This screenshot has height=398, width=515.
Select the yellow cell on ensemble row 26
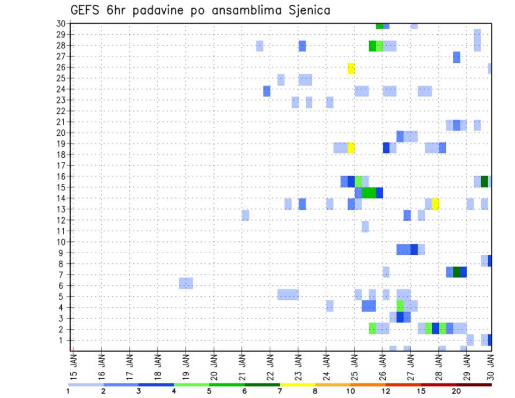351,68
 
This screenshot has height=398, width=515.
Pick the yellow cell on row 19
351,148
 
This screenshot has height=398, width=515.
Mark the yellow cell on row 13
436,204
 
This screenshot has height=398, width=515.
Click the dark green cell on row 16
484,181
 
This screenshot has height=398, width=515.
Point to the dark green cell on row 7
457,272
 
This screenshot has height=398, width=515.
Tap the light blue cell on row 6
186,283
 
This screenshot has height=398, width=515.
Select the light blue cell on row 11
365,226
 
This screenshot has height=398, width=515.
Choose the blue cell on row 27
457,57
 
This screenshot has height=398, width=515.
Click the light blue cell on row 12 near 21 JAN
246,215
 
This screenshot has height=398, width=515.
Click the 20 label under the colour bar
457,390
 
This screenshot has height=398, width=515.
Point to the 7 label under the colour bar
280,390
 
